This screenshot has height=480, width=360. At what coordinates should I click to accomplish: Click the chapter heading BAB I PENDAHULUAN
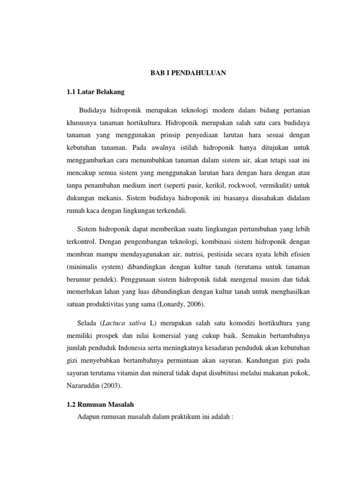(x=181, y=73)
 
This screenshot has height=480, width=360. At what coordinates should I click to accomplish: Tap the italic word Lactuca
(x=116, y=324)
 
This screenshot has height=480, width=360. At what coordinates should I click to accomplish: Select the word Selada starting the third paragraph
(x=87, y=324)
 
